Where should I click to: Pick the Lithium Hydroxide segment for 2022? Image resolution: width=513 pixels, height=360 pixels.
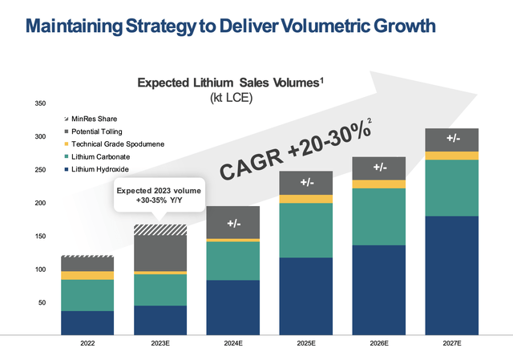pyautogui.click(x=87, y=322)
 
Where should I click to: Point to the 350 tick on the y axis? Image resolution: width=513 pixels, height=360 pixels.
pyautogui.click(x=40, y=103)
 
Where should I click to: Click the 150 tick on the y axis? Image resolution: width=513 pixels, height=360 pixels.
pyautogui.click(x=40, y=237)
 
